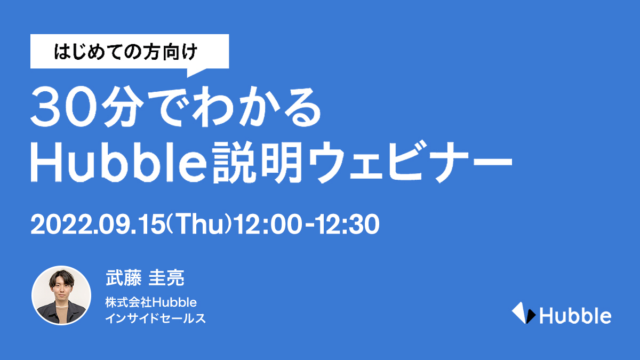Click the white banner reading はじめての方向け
click(130, 51)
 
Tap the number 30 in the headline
click(63, 107)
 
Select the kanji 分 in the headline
click(123, 107)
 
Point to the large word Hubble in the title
click(118, 162)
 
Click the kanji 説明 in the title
click(258, 162)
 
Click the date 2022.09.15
click(98, 225)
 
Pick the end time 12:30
click(348, 225)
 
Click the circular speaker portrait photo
click(61, 295)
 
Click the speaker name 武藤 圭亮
click(145, 277)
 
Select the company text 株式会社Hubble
click(151, 302)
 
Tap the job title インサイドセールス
click(155, 318)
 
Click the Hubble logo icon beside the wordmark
click(523, 313)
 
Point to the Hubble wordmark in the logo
click(575, 315)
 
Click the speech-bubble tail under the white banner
click(197, 73)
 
